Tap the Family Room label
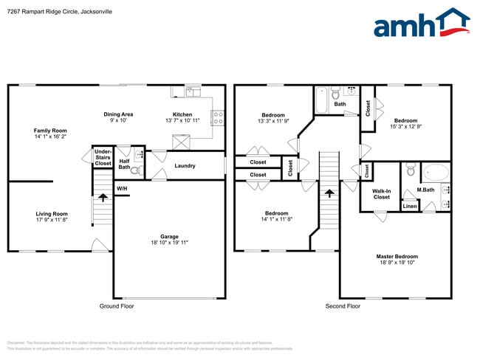(x=50, y=134)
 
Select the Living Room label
(x=52, y=217)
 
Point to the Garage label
(x=169, y=240)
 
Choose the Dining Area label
(x=118, y=117)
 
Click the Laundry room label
(x=185, y=166)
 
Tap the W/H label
(x=122, y=189)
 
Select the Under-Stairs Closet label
(x=103, y=157)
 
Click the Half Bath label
(x=124, y=164)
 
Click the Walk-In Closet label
(x=381, y=194)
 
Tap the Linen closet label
(x=409, y=206)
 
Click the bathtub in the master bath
(x=435, y=174)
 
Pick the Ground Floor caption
(x=117, y=305)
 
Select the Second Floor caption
(x=343, y=305)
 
